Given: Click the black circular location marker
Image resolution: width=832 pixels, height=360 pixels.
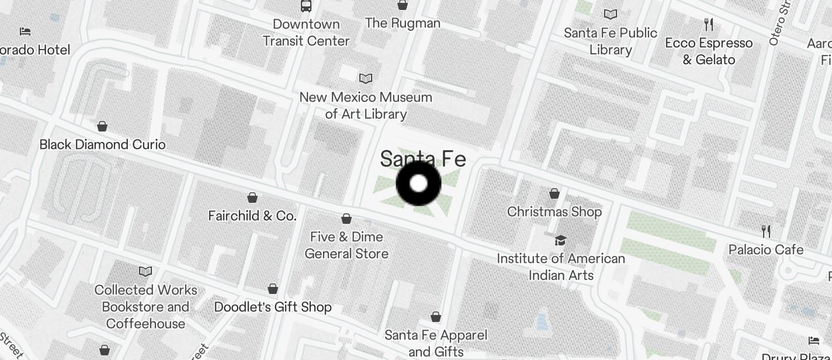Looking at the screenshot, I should pyautogui.click(x=418, y=184).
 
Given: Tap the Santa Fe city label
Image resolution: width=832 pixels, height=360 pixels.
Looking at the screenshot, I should pyautogui.click(x=423, y=158).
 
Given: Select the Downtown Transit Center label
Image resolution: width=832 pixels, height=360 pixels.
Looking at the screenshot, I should pyautogui.click(x=306, y=33).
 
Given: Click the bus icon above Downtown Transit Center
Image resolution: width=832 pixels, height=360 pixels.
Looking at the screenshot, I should pyautogui.click(x=306, y=6).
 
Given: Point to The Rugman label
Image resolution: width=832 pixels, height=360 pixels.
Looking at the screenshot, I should pyautogui.click(x=403, y=23).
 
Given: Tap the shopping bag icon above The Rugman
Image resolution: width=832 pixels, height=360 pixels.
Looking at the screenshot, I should pyautogui.click(x=403, y=5).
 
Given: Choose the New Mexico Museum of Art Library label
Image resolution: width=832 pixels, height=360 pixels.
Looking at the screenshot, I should pyautogui.click(x=366, y=105).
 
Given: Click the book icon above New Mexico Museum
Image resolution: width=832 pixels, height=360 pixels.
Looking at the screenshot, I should pyautogui.click(x=366, y=78).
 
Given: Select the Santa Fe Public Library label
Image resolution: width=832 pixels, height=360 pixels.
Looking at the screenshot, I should pyautogui.click(x=611, y=41).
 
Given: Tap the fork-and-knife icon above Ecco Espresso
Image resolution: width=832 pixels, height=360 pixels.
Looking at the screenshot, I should pyautogui.click(x=709, y=25).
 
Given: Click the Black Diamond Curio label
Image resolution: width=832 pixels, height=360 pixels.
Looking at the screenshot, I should pyautogui.click(x=102, y=144).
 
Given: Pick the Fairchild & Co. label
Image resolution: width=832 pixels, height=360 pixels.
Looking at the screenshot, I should pyautogui.click(x=252, y=216).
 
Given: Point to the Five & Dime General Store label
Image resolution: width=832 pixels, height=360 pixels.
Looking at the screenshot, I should pyautogui.click(x=346, y=245).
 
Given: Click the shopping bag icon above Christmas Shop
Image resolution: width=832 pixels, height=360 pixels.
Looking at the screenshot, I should pyautogui.click(x=554, y=193).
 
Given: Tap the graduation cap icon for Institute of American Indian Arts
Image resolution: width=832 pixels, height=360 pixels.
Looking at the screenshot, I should pyautogui.click(x=561, y=240).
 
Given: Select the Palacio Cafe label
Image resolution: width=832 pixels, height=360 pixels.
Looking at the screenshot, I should pyautogui.click(x=766, y=250).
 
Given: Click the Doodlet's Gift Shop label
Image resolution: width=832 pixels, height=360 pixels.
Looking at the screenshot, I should pyautogui.click(x=273, y=307).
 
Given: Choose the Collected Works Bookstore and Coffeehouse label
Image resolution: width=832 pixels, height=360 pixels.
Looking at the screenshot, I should pyautogui.click(x=145, y=306).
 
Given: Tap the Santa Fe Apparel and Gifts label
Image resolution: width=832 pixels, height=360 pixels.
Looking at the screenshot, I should pyautogui.click(x=436, y=343).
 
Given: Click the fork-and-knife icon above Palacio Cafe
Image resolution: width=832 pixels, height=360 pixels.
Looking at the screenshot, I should pyautogui.click(x=766, y=231).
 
